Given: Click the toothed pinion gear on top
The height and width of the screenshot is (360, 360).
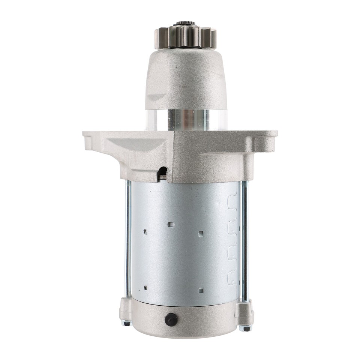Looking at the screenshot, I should tap(185, 37).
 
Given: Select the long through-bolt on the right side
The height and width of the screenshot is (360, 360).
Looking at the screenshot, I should tap(244, 240).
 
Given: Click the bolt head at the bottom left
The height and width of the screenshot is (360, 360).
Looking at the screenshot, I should tap(127, 323).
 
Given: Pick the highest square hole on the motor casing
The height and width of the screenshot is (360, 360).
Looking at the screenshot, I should tap(171, 225).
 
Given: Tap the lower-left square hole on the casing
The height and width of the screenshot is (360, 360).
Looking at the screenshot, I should tap(145, 288).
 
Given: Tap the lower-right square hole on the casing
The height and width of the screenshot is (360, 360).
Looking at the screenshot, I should tap(201, 290).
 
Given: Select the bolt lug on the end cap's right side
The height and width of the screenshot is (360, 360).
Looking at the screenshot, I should tap(244, 311).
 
